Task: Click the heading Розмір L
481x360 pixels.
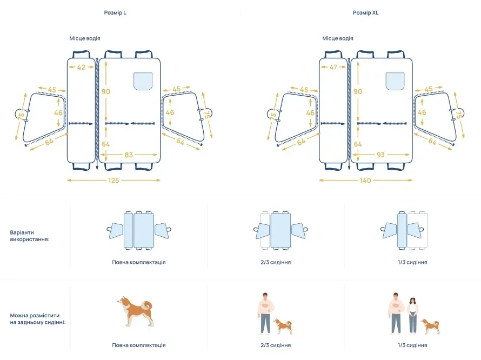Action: [115, 12]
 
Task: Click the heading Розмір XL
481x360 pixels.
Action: [366, 12]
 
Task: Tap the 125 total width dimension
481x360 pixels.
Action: [113, 181]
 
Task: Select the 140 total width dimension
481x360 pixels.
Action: [365, 181]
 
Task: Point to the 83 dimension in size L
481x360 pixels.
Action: [129, 155]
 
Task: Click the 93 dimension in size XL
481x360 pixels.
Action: [380, 155]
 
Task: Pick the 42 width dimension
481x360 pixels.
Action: [81, 67]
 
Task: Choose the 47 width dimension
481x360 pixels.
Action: [333, 67]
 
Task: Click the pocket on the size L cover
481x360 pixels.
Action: [143, 81]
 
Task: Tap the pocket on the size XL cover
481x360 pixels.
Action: [395, 81]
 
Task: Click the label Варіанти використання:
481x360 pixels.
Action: [29, 236]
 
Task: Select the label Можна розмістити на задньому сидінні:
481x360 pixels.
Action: [38, 318]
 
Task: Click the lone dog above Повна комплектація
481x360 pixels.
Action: [135, 311]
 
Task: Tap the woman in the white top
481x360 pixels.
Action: [413, 316]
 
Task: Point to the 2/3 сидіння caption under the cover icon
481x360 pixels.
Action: [276, 262]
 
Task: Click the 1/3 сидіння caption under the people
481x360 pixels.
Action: [412, 345]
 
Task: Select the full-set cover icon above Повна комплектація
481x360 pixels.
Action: [139, 230]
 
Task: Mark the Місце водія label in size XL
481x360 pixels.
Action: [338, 38]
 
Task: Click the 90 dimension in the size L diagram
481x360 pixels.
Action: [106, 91]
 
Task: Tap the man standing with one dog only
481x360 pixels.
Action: [265, 314]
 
